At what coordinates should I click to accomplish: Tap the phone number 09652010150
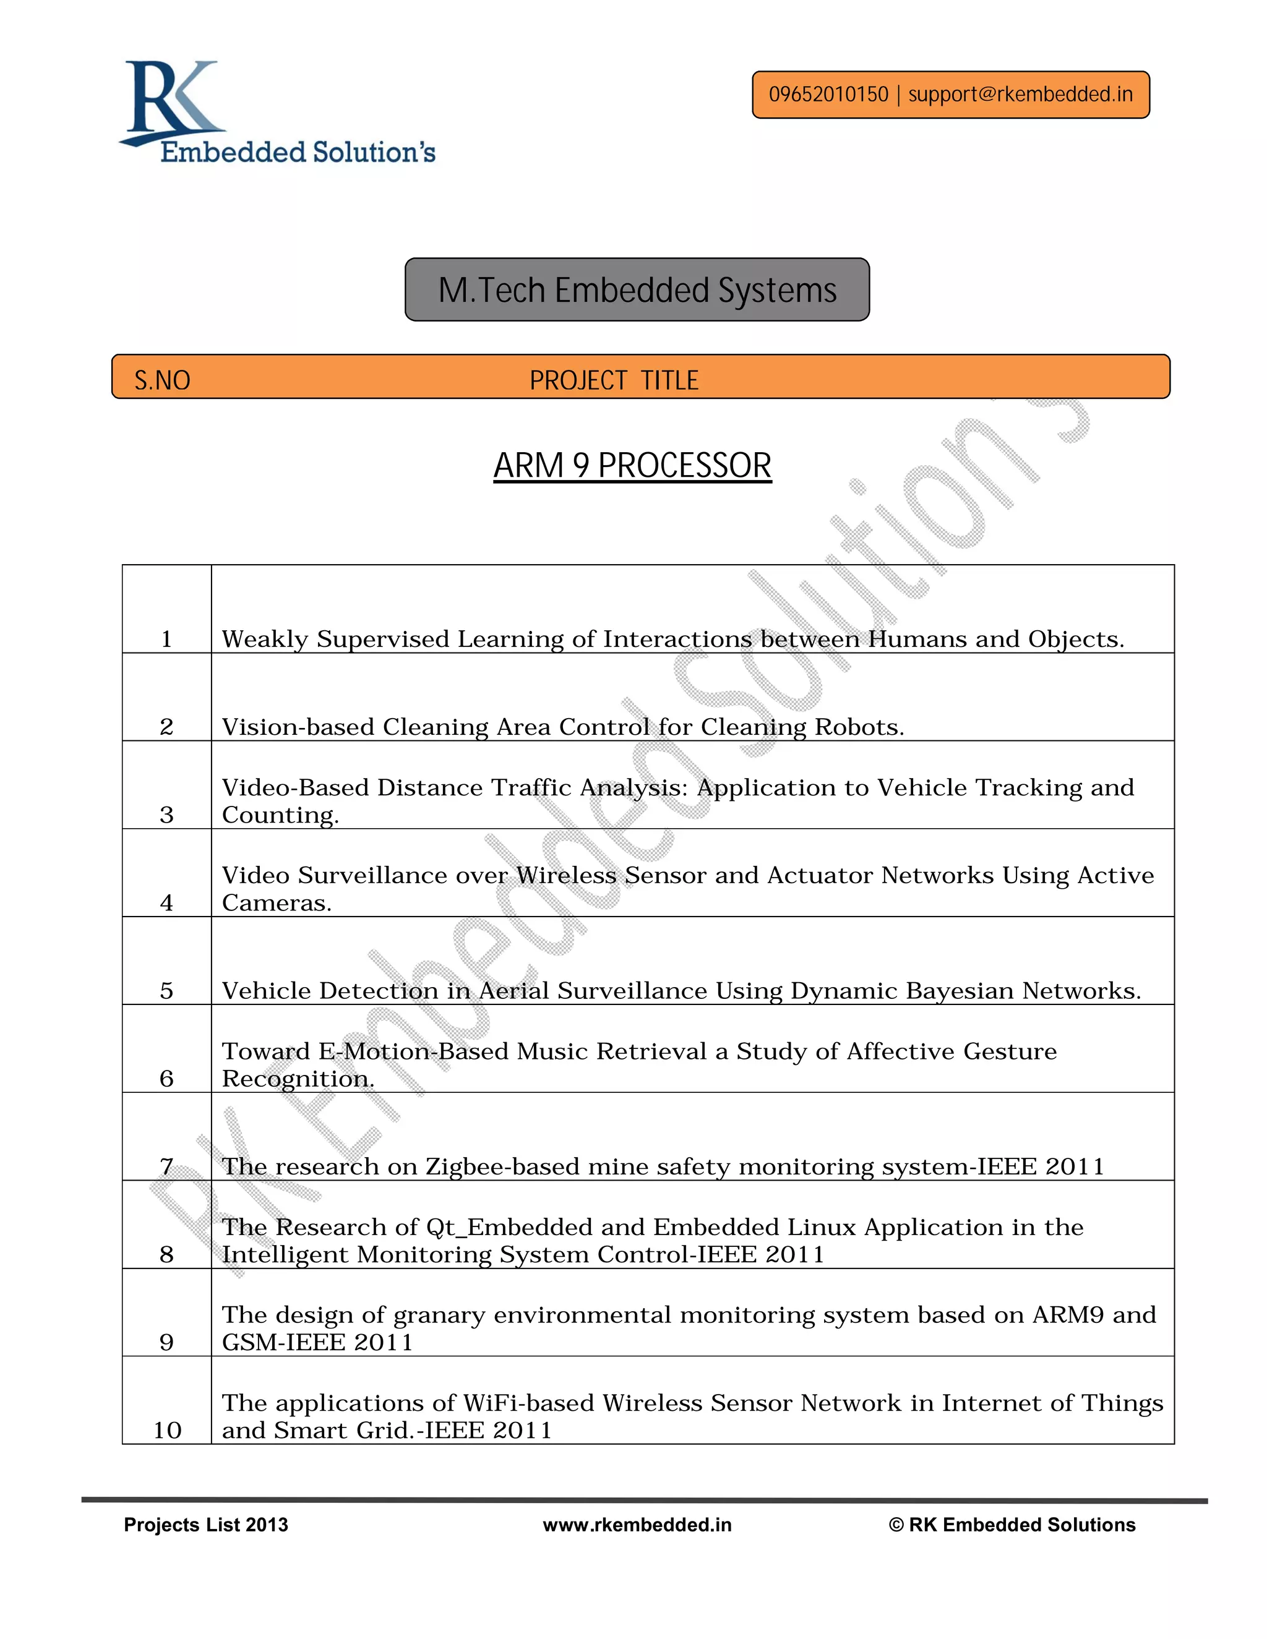pos(828,95)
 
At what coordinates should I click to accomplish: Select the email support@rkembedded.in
pos(1020,95)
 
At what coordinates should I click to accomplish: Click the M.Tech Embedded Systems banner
pos(637,289)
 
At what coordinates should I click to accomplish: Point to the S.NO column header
pos(162,380)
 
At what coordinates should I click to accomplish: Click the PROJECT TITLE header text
pos(613,380)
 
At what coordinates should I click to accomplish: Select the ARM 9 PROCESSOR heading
pos(632,465)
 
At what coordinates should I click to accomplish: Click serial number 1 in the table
pos(166,640)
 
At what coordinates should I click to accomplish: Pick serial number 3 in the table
pos(166,815)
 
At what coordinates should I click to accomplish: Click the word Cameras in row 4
pos(275,903)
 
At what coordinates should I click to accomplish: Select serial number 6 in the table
pos(166,1079)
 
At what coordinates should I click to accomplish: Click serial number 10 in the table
pos(168,1431)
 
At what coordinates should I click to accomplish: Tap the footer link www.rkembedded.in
pos(637,1525)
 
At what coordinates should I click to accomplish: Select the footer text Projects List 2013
pos(205,1525)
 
